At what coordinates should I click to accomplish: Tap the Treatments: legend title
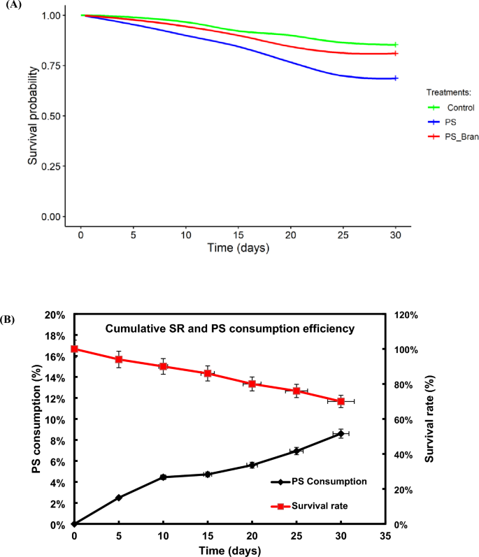[452, 92]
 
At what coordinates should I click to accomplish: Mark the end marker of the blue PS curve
[396, 78]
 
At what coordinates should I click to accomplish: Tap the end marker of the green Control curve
[396, 45]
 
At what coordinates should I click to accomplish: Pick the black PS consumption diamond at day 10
[164, 477]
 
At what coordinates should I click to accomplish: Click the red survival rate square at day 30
[341, 401]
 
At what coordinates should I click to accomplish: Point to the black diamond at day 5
[119, 498]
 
